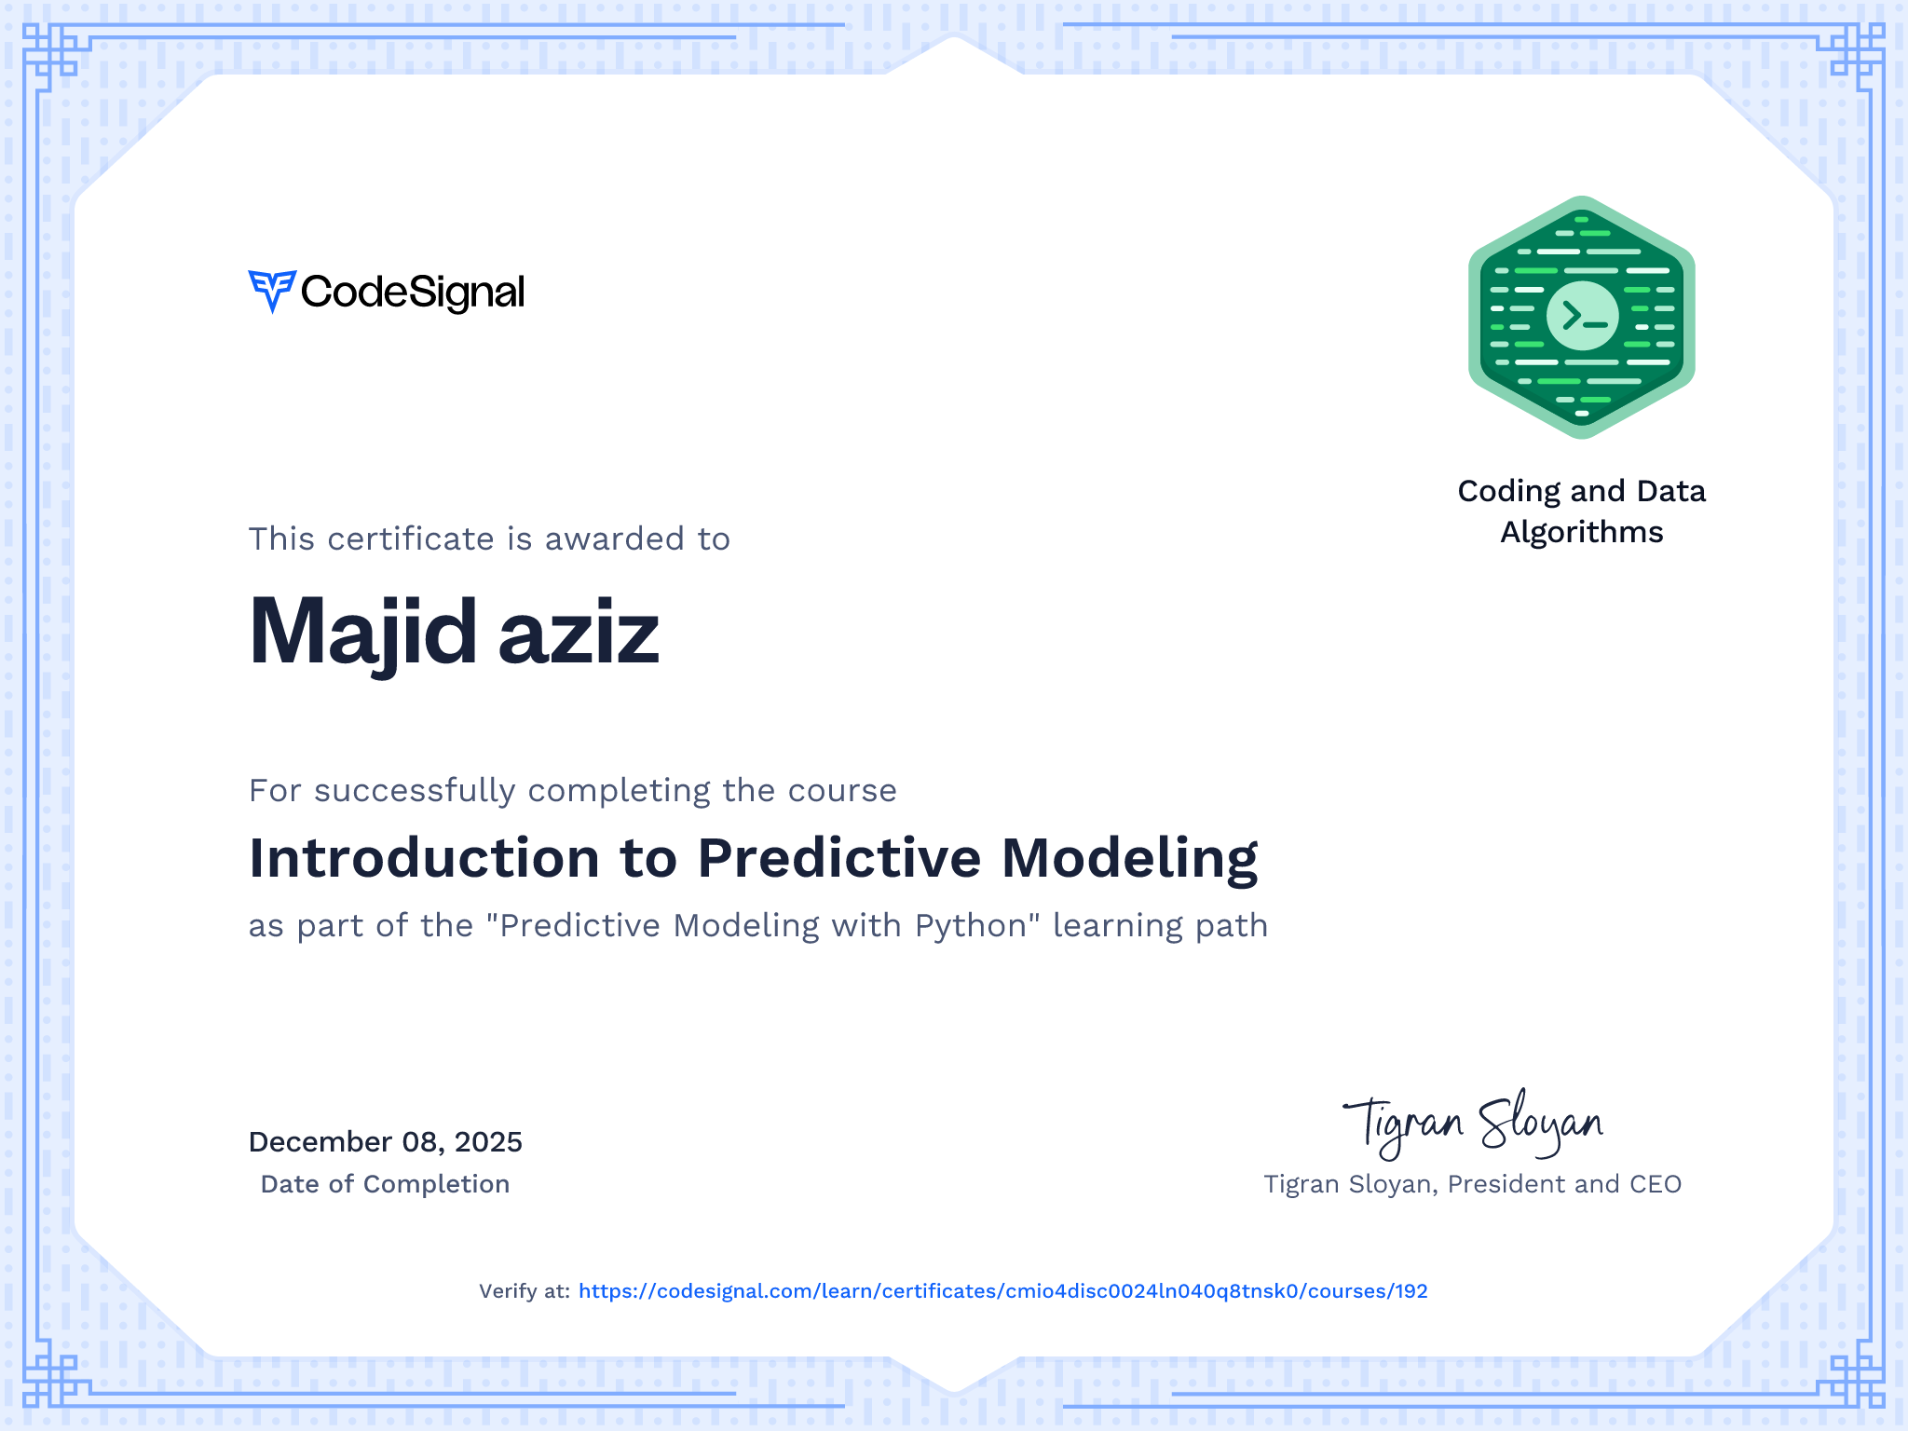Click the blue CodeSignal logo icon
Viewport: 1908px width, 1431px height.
tap(272, 292)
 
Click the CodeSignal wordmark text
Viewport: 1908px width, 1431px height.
tap(413, 293)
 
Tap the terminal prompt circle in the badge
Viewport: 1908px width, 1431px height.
tap(1582, 316)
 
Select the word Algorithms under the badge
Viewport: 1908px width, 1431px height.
tap(1582, 532)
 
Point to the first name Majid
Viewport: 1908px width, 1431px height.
tap(363, 634)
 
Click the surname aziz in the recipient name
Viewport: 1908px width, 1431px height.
tap(579, 634)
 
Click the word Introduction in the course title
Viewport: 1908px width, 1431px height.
tap(425, 857)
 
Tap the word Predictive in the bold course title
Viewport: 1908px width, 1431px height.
tap(839, 857)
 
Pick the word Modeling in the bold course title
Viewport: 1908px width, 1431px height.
tap(1130, 859)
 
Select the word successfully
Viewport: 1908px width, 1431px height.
tap(415, 791)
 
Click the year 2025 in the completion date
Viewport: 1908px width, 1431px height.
tap(488, 1142)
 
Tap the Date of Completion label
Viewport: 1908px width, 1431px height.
tap(385, 1184)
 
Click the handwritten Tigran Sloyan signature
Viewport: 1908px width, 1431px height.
tap(1473, 1124)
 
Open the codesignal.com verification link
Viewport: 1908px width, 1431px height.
tap(1003, 1291)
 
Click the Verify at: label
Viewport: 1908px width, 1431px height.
tap(524, 1291)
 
